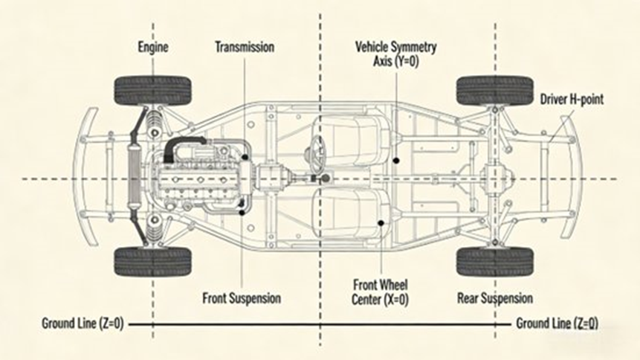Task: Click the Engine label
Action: point(153,48)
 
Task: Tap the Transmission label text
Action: point(245,48)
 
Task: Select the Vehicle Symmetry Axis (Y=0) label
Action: point(395,54)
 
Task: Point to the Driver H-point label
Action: point(569,98)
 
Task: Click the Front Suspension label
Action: point(242,298)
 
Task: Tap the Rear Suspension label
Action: point(495,298)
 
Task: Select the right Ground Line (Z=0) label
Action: point(556,324)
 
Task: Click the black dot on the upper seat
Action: point(398,160)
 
